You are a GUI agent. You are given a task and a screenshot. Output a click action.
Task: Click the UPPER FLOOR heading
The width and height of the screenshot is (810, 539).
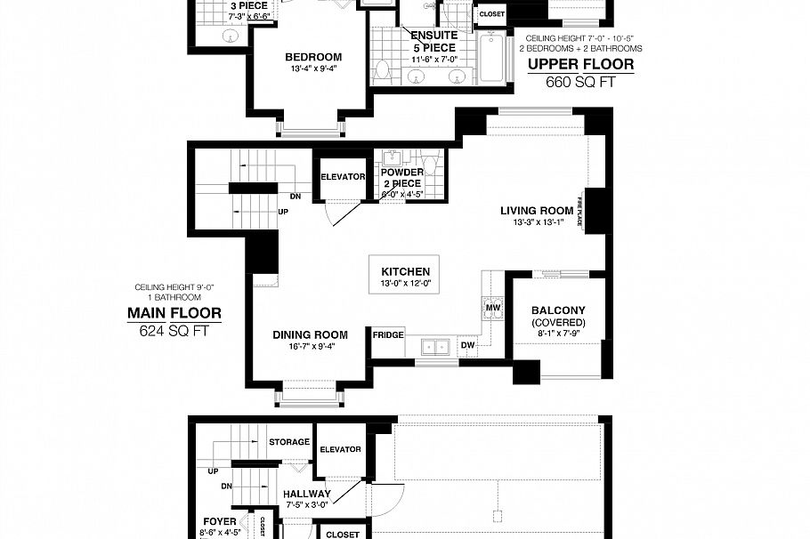click(580, 65)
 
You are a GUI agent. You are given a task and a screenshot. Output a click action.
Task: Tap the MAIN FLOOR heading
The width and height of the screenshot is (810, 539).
click(174, 313)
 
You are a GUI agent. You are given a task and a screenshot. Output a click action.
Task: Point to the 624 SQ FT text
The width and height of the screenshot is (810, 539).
click(174, 330)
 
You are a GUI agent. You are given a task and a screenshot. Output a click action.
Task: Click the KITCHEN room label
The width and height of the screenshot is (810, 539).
click(405, 271)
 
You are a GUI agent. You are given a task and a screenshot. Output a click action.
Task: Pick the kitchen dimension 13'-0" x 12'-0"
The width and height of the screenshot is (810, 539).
click(405, 284)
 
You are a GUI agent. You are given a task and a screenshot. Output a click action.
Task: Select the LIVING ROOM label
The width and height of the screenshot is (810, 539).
click(537, 211)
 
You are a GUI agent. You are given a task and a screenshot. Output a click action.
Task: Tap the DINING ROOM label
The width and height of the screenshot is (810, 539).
click(310, 335)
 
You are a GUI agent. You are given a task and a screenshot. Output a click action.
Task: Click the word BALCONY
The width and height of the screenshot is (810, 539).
click(558, 310)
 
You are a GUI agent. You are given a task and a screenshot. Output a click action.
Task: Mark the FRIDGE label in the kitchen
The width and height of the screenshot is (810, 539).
click(388, 335)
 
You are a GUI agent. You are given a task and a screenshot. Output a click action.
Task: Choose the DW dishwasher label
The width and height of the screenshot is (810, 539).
click(468, 344)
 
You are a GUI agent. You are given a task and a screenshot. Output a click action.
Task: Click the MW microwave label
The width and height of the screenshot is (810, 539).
click(492, 308)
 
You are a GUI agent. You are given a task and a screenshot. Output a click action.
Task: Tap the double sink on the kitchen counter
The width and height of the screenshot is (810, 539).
click(436, 346)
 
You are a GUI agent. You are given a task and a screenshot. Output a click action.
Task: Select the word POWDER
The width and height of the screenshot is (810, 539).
click(402, 173)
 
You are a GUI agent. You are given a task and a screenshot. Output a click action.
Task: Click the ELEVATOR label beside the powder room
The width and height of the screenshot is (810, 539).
click(343, 176)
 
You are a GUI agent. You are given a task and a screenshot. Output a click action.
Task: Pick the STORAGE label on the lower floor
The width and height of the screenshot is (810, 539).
click(289, 442)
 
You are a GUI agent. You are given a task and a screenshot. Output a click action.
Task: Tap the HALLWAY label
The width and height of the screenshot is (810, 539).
click(307, 495)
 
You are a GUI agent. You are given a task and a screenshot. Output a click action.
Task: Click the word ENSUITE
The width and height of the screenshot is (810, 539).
click(433, 36)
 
